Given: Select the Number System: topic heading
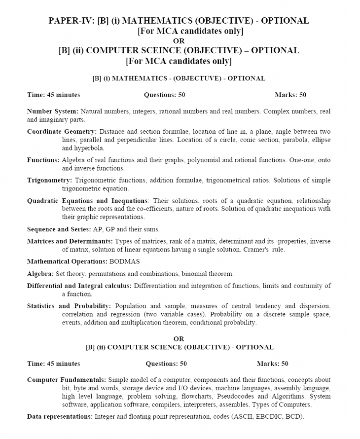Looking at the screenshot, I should click(x=52, y=111).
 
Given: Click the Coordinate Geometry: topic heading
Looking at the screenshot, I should click(x=63, y=132).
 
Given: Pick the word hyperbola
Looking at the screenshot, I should click(x=89, y=148).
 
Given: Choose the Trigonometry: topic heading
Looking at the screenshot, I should click(x=49, y=181).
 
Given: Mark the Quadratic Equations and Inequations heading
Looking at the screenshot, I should click(x=87, y=201).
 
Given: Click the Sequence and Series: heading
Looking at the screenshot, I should click(x=59, y=229).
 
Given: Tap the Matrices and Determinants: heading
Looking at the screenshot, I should click(x=70, y=241).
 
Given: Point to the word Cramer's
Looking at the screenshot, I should click(x=255, y=250).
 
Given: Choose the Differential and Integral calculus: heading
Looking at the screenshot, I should click(x=79, y=286).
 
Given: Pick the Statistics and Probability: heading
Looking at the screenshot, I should click(x=69, y=306).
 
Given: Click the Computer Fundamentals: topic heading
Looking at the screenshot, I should click(x=66, y=380).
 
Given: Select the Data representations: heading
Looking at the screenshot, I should click(x=59, y=417).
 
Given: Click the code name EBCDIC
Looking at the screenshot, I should click(x=266, y=417).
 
